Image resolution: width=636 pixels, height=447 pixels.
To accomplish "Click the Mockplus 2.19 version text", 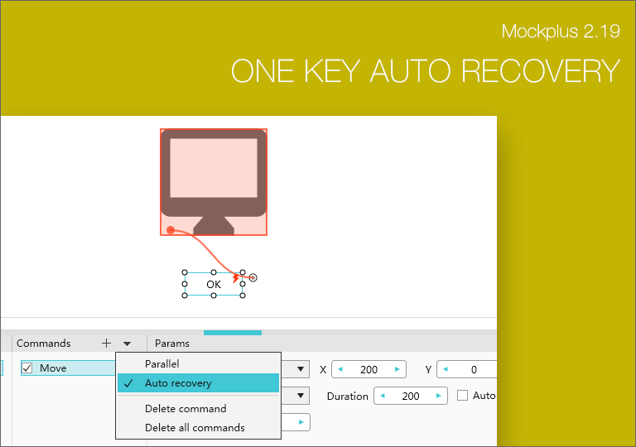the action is click(x=561, y=31).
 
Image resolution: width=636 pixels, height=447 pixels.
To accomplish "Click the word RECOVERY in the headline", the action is click(x=541, y=71).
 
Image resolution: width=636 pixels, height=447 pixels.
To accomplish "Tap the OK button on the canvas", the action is click(x=214, y=285).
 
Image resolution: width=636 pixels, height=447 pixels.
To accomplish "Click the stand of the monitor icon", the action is click(x=214, y=225).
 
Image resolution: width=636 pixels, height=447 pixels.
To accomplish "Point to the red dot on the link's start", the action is click(x=171, y=230).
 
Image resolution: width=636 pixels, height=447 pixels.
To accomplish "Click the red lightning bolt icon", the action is click(x=236, y=278).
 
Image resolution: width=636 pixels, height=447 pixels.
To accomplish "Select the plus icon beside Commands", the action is click(x=106, y=344).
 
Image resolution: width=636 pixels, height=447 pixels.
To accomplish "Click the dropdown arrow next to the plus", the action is click(x=127, y=344).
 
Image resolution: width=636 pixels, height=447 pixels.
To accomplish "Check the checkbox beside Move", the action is click(x=27, y=368).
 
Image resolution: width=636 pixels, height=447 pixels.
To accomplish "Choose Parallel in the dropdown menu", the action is click(x=161, y=364).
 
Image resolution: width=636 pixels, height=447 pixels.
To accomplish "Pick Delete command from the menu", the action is click(x=185, y=408).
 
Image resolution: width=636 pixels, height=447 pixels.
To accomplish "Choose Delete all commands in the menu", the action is click(x=195, y=427).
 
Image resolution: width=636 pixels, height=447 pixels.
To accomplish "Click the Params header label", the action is click(x=172, y=344).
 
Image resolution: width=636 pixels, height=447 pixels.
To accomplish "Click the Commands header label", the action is click(x=43, y=344).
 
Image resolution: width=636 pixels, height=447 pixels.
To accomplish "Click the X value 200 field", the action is click(x=369, y=369).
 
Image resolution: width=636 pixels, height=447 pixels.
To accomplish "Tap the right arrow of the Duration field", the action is click(x=438, y=396).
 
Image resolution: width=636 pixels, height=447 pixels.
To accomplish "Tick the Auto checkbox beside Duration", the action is click(x=462, y=396).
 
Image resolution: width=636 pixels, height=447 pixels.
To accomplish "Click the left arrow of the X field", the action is click(x=340, y=369).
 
